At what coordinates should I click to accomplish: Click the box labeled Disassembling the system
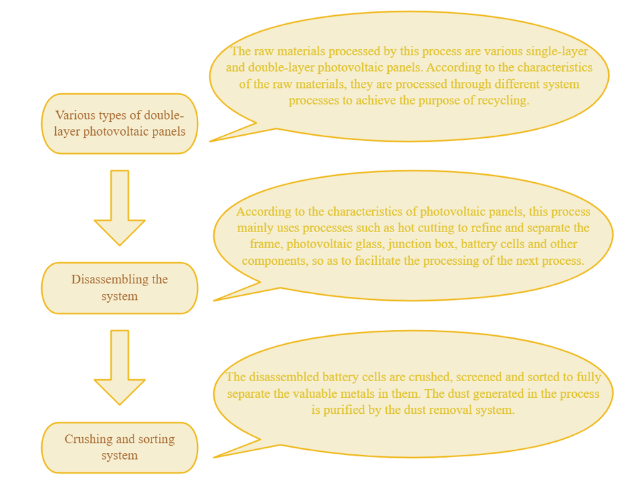(x=120, y=288)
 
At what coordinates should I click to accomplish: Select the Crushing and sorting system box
(x=120, y=448)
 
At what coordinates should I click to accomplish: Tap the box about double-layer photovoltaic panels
(x=120, y=123)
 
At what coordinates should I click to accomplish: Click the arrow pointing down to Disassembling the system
(x=120, y=206)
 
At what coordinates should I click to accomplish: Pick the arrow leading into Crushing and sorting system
(x=120, y=366)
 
